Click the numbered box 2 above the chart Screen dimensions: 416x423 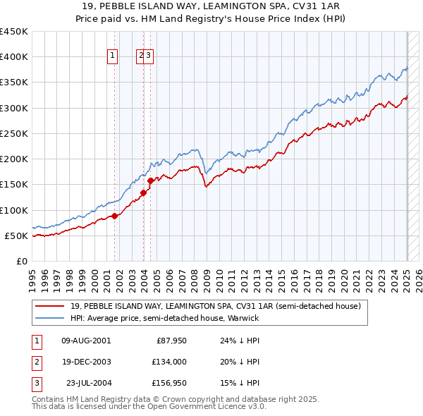click(141, 57)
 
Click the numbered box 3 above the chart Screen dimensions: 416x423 click(149, 57)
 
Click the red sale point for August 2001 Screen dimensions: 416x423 click(114, 216)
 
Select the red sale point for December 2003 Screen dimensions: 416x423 click(143, 192)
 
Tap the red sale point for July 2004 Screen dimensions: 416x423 click(151, 181)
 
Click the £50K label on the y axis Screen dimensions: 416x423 click(16, 235)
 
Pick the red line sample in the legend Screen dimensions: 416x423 click(51, 306)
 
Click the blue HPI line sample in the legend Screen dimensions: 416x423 click(51, 318)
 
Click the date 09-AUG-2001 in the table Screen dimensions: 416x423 click(86, 341)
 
